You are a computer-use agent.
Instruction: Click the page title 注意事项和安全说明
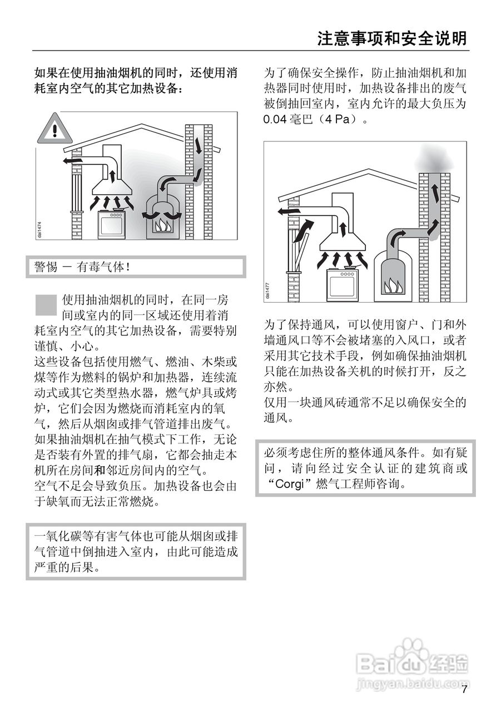click(391, 38)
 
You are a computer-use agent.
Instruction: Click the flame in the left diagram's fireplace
click(163, 225)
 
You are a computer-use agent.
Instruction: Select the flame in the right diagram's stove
click(393, 286)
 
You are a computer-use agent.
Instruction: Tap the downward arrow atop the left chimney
click(199, 144)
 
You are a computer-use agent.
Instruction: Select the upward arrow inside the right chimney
click(435, 195)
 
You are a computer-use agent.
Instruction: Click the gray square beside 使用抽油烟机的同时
click(47, 305)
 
